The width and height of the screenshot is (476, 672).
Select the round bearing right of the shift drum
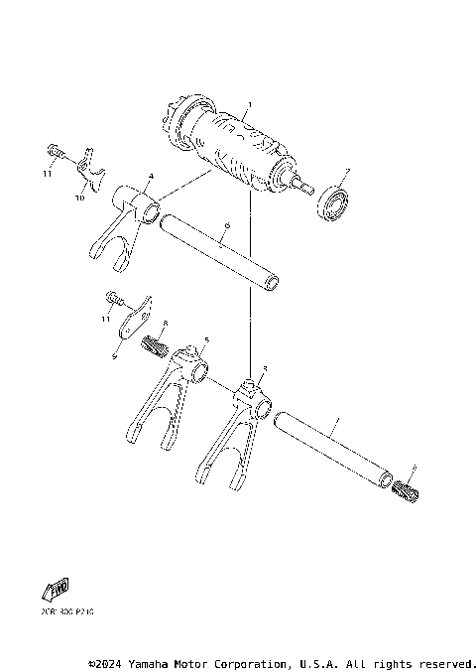tap(334, 205)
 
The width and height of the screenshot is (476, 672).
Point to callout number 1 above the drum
tap(250, 104)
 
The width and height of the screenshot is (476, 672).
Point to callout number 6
tap(225, 227)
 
